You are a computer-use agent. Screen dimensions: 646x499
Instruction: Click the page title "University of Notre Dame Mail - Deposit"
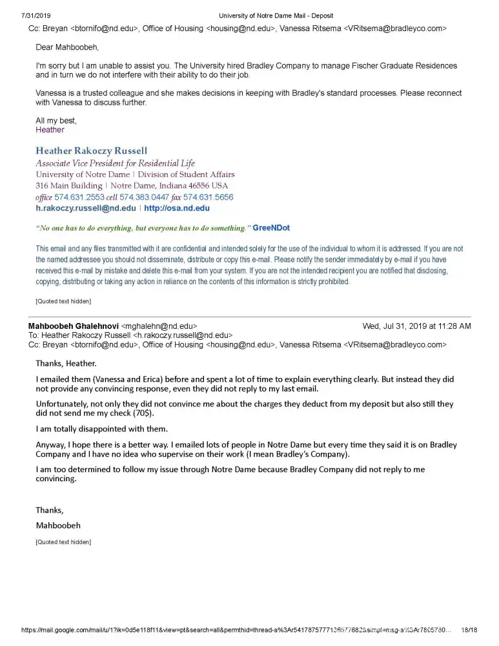coord(276,16)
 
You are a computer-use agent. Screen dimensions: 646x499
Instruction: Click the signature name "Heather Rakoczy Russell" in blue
coord(91,151)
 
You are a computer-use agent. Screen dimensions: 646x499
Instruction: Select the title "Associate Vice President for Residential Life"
coord(115,163)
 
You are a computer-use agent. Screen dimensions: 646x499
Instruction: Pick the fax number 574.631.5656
coord(209,197)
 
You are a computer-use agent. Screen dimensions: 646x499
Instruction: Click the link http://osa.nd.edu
coord(177,209)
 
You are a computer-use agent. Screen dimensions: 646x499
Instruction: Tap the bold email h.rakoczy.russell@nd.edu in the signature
coord(86,209)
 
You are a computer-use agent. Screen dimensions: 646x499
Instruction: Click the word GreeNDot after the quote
coord(271,229)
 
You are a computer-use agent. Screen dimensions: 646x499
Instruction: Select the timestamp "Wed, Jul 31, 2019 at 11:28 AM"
coord(416,326)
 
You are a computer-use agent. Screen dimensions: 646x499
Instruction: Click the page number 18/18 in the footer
coord(469,630)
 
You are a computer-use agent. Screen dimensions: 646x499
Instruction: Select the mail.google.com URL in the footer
coord(232,630)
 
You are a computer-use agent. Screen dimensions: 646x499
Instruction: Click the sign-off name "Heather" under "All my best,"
coord(50,130)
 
